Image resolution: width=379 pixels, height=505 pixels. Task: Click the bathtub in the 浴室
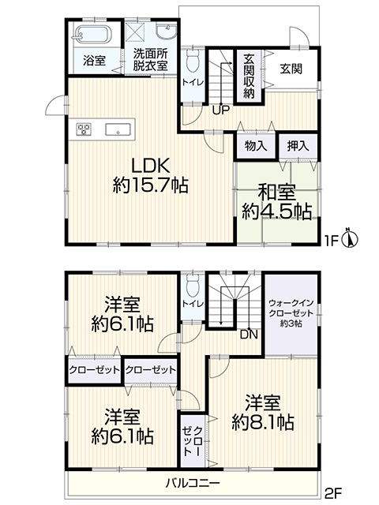pyautogui.click(x=93, y=34)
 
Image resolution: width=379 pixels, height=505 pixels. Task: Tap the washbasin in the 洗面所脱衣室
pyautogui.click(x=166, y=32)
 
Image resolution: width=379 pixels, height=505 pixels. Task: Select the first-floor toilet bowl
pyautogui.click(x=193, y=60)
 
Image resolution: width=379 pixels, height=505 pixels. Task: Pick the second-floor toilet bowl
pyautogui.click(x=193, y=286)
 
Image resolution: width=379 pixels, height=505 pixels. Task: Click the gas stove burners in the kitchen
pyautogui.click(x=84, y=129)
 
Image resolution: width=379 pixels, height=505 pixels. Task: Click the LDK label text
pyautogui.click(x=150, y=166)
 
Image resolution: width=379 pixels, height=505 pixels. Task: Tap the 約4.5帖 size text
pyautogui.click(x=277, y=211)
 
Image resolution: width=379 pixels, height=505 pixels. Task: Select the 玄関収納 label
pyautogui.click(x=249, y=77)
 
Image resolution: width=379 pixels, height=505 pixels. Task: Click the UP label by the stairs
pyautogui.click(x=221, y=110)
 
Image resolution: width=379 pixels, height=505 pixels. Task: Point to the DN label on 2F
pyautogui.click(x=250, y=335)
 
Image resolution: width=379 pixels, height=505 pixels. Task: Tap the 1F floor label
pyautogui.click(x=331, y=241)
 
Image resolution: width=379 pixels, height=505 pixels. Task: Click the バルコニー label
pyautogui.click(x=193, y=482)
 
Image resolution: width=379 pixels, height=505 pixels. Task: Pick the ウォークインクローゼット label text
pyautogui.click(x=291, y=308)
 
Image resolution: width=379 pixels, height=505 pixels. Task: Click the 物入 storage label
pyautogui.click(x=256, y=146)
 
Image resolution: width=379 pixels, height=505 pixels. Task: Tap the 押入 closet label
pyautogui.click(x=298, y=146)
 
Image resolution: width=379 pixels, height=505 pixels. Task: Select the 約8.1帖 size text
pyautogui.click(x=263, y=422)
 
